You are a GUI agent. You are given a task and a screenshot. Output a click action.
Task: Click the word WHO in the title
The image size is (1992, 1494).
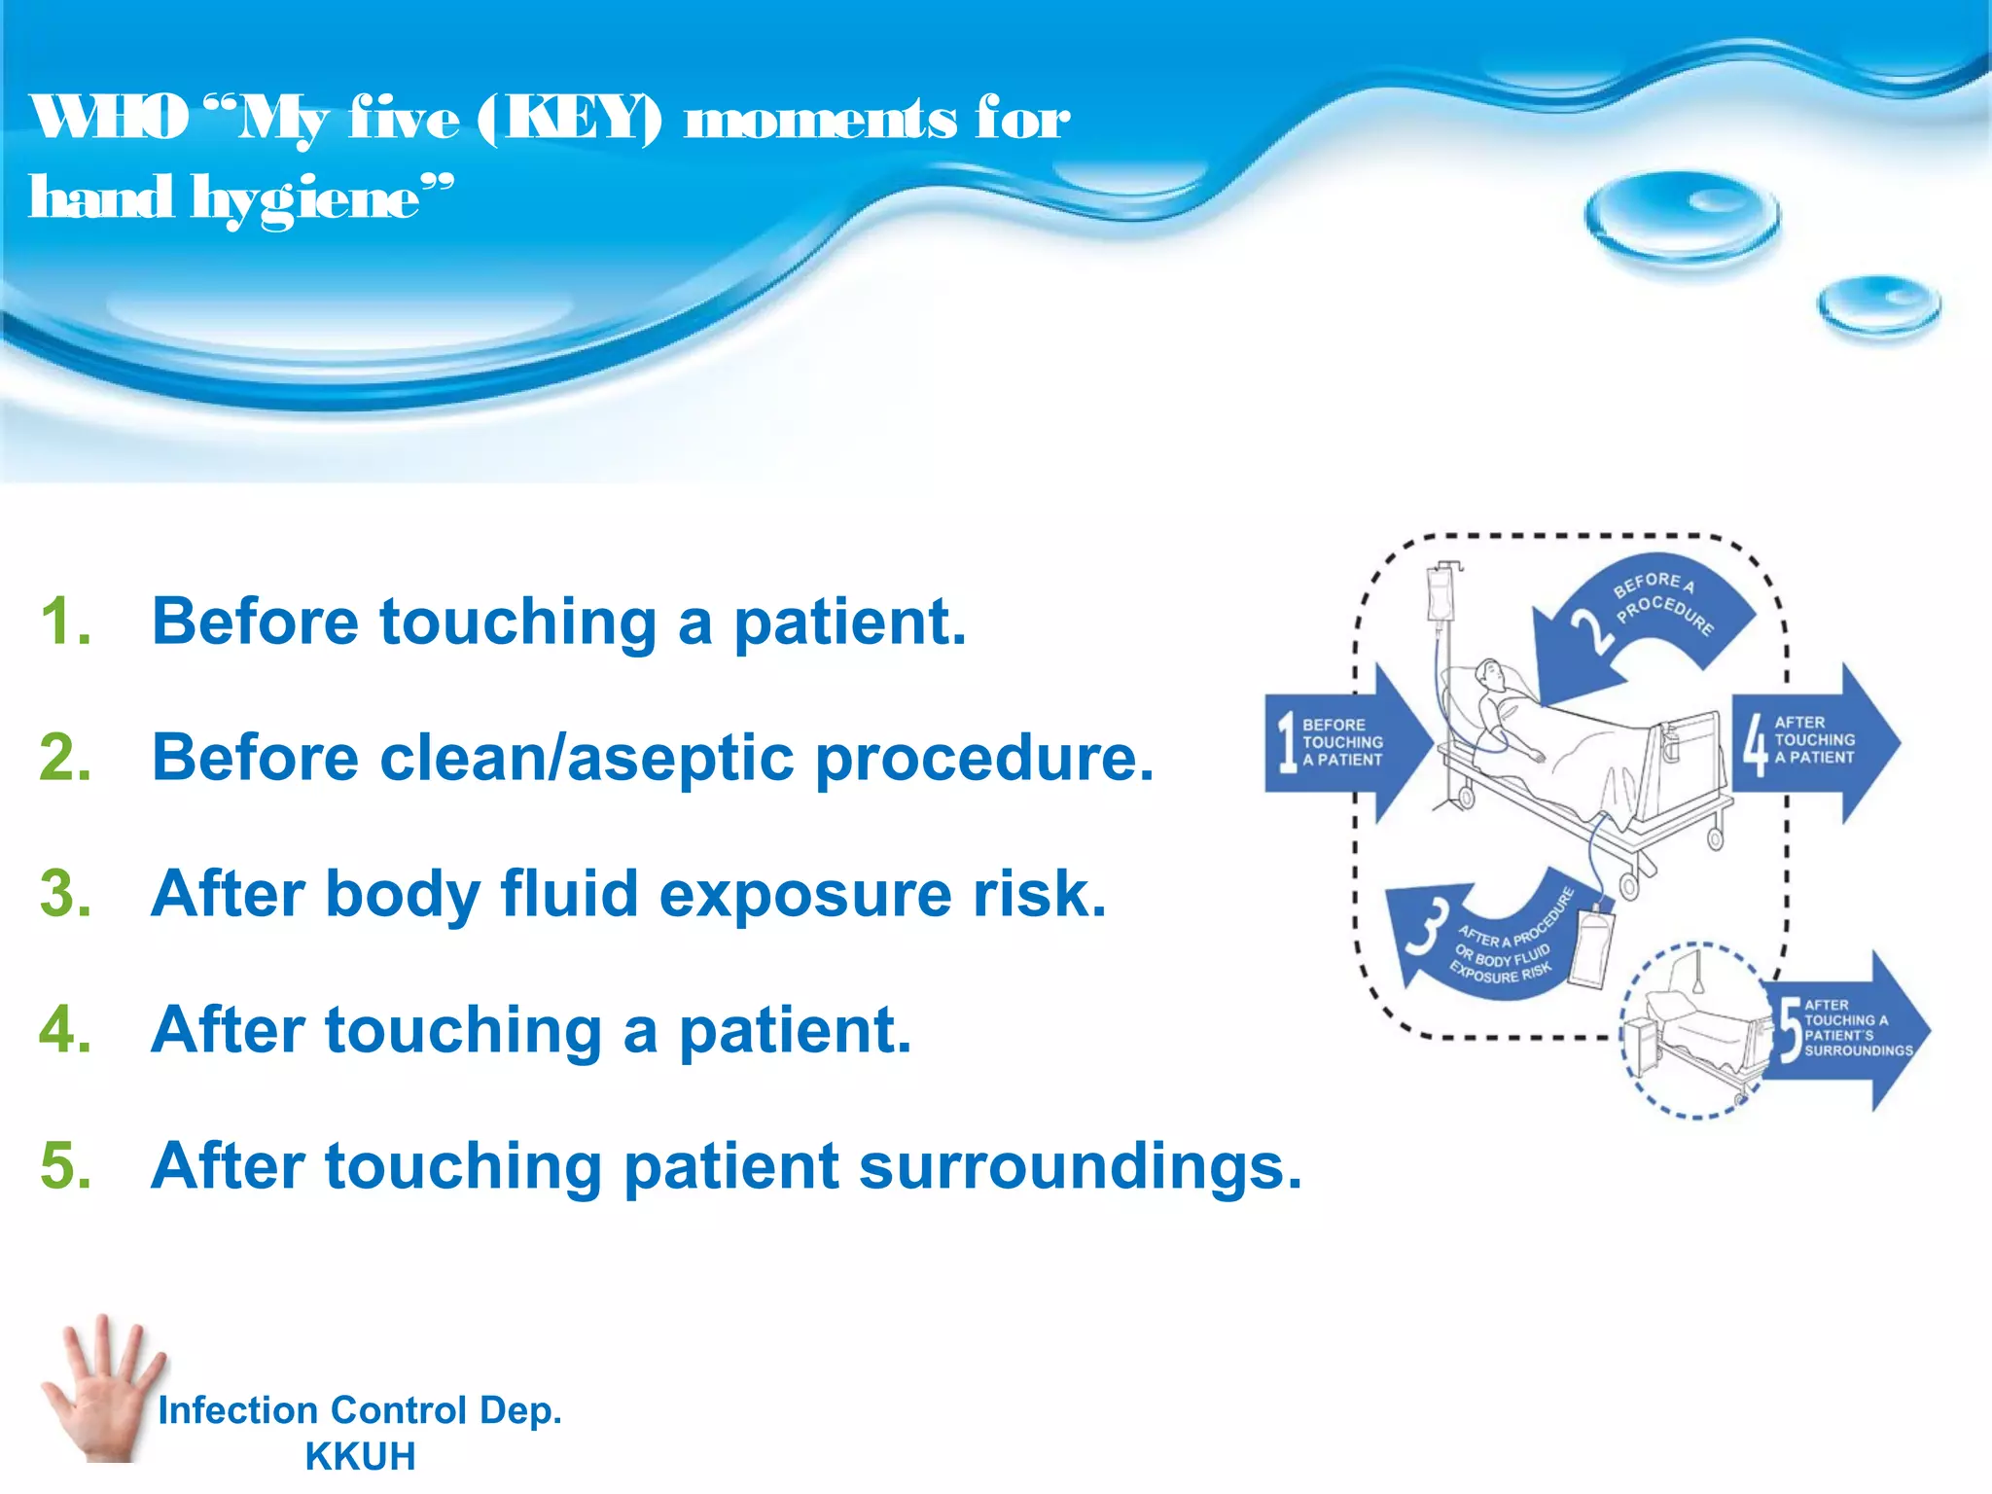[109, 119]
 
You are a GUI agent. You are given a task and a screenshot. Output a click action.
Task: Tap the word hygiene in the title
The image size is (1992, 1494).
[309, 200]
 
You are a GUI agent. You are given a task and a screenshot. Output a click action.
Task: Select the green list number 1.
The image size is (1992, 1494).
[64, 622]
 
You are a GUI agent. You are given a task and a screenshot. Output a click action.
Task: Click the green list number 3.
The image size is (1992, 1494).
[65, 894]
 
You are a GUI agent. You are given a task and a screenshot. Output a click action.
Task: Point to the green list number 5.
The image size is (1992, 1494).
[65, 1166]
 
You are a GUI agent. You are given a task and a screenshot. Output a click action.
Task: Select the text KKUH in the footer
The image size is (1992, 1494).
[360, 1457]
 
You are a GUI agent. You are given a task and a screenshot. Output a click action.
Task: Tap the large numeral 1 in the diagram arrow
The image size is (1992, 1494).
[1287, 742]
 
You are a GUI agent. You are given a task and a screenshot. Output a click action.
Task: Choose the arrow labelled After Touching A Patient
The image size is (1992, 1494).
[1815, 742]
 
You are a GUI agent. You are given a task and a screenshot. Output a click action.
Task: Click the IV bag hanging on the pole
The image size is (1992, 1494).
[1440, 592]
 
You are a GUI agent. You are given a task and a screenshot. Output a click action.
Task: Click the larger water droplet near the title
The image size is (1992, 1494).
[1682, 216]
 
